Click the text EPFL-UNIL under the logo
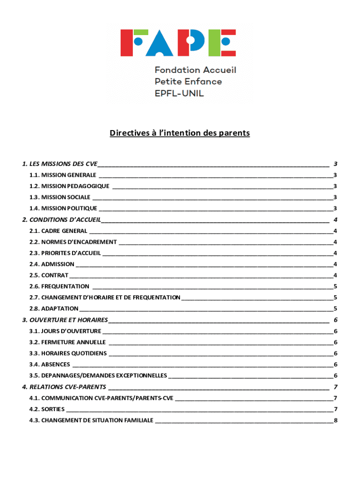pos(179,93)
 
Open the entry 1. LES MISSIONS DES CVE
pos(60,164)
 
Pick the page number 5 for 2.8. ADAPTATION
pos(335,309)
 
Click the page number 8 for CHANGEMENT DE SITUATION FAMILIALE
pos(335,421)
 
